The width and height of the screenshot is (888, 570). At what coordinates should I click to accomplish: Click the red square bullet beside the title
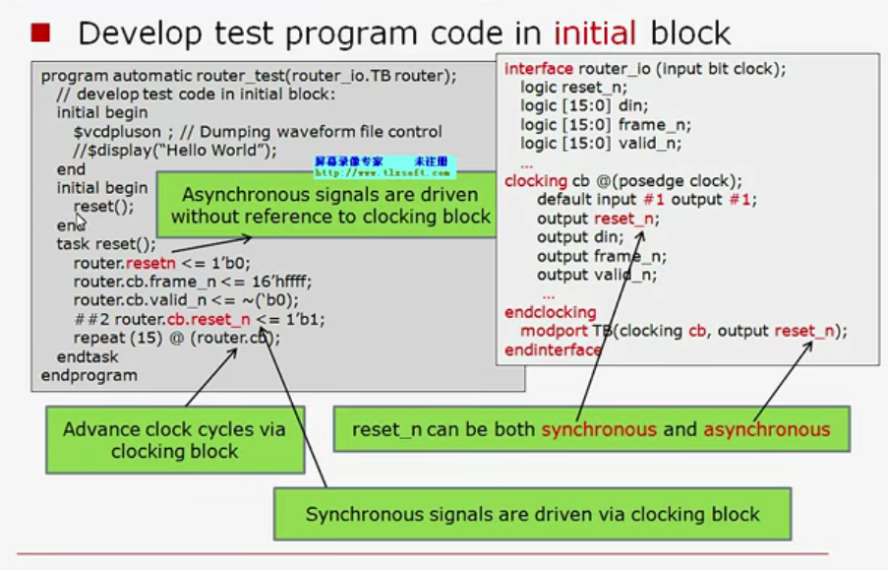(40, 33)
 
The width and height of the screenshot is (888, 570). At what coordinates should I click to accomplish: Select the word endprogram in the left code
(89, 375)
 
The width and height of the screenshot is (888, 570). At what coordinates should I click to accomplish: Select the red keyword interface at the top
(539, 70)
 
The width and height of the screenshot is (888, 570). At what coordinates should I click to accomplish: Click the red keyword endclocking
(551, 313)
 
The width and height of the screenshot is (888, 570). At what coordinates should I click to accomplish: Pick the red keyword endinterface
(554, 349)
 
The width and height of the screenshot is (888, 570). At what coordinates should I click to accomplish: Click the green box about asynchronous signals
(330, 206)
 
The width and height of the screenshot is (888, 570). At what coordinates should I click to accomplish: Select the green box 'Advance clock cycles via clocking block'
(174, 440)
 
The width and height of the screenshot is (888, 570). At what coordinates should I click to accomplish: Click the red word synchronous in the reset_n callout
(599, 429)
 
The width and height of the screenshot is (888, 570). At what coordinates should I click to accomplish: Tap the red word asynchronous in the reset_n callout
(766, 429)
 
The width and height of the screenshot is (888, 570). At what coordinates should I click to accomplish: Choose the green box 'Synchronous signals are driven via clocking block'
(532, 514)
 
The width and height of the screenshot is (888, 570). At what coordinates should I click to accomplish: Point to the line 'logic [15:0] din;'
(584, 106)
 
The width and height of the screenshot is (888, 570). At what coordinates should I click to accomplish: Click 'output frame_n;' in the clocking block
(601, 256)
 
